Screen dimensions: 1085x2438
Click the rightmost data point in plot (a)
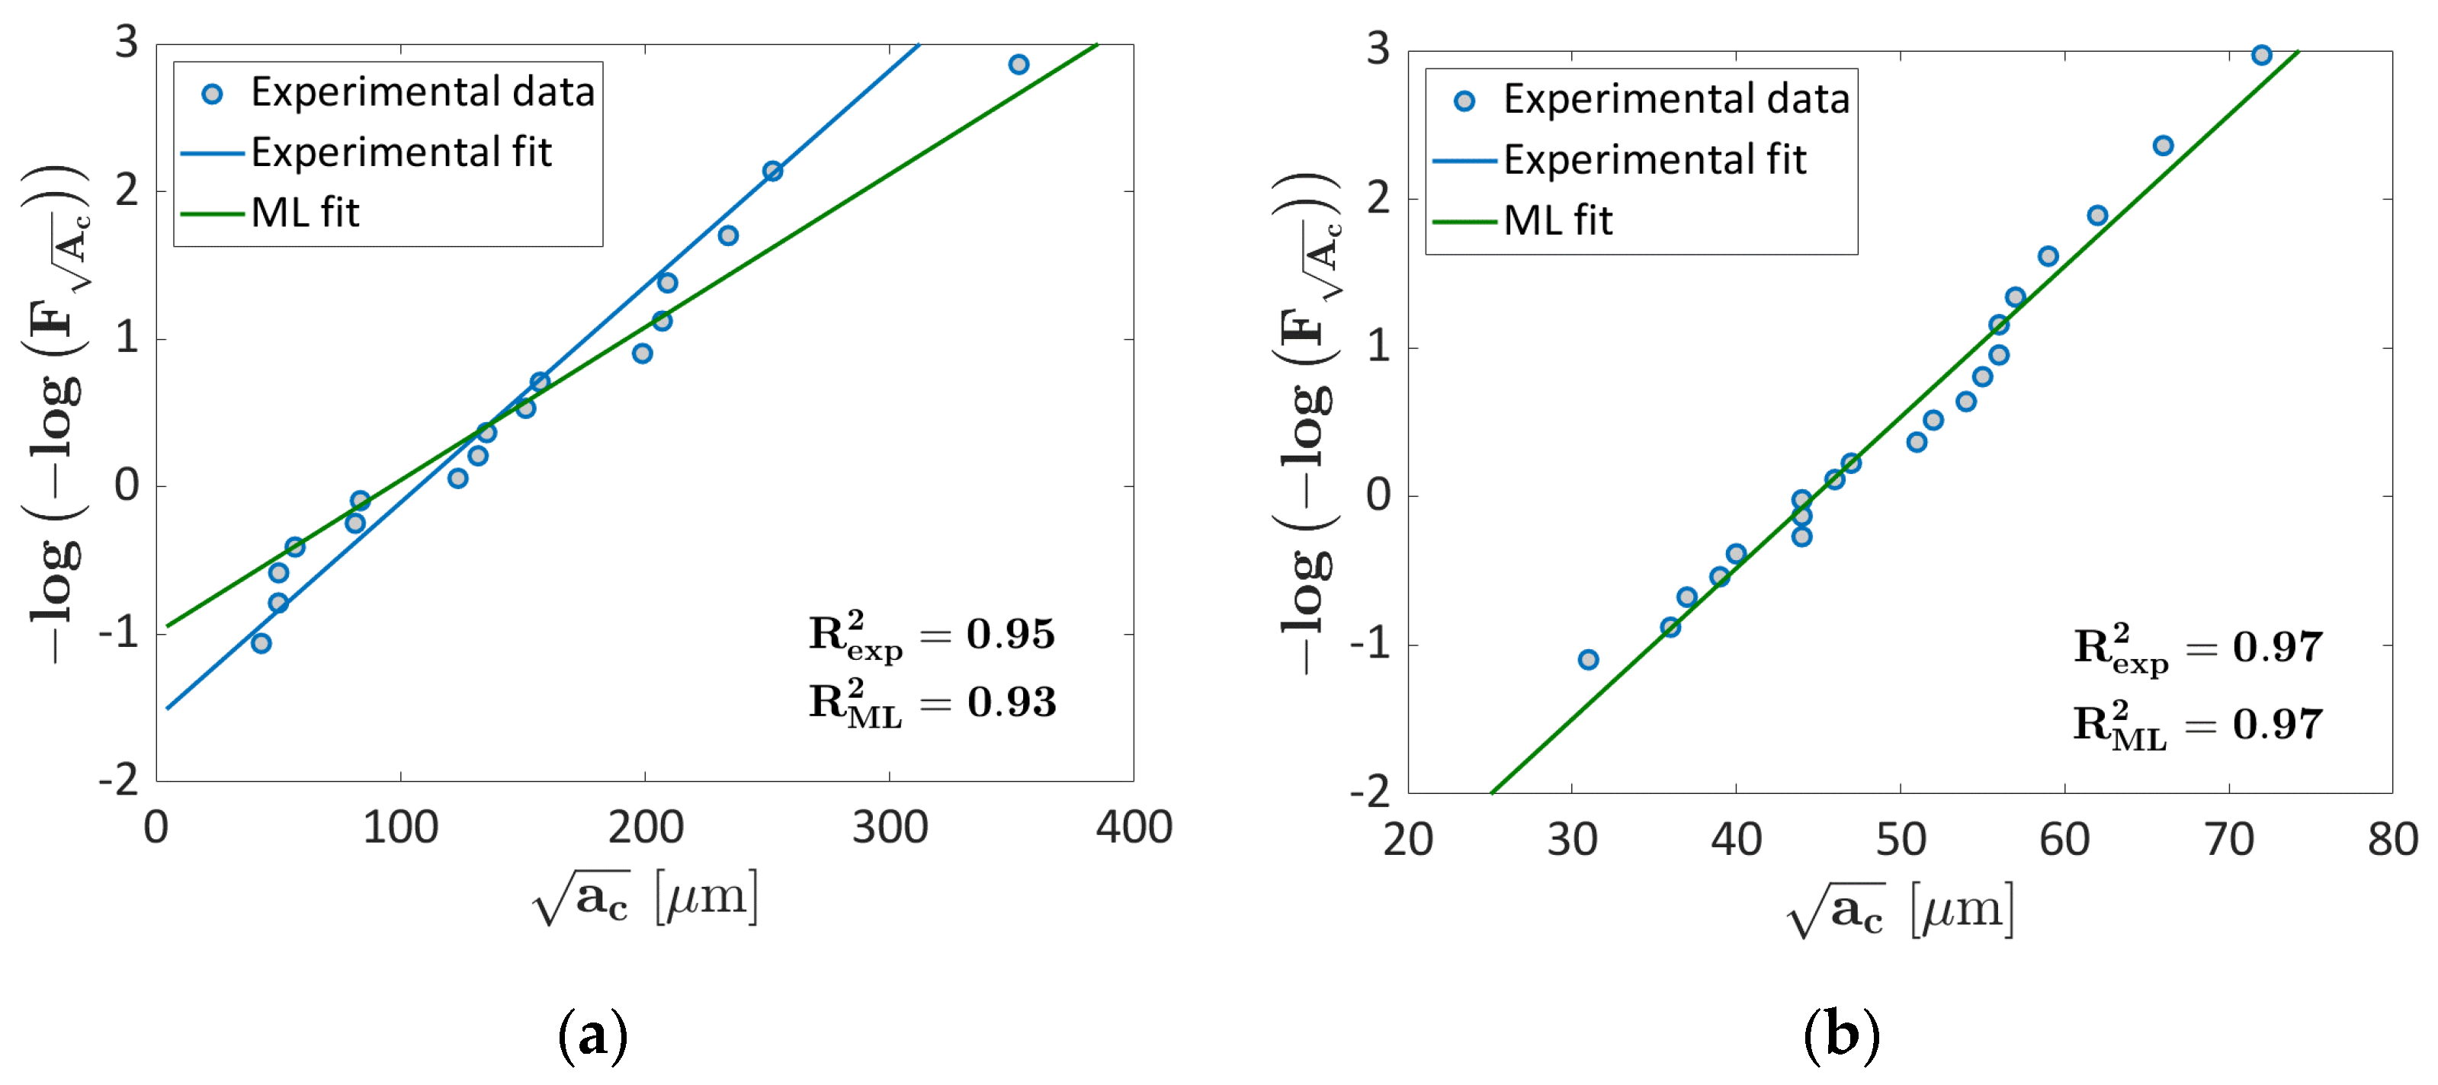point(1019,64)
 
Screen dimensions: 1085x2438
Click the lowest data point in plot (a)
point(261,643)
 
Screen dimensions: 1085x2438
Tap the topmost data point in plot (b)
point(2261,55)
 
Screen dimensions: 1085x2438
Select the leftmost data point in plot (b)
point(1588,659)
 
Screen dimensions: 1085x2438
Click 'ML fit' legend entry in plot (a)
point(305,213)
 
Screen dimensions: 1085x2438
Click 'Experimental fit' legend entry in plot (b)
point(1654,160)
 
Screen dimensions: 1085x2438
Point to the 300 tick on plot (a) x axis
point(889,827)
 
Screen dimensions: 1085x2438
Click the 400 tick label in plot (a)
point(1133,827)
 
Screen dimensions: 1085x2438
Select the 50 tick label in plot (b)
point(1900,839)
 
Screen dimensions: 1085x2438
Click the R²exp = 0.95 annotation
point(932,635)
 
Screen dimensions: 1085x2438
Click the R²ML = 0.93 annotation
point(932,703)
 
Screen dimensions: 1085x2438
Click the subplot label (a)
point(592,1035)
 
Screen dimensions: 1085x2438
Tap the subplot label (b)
point(1841,1035)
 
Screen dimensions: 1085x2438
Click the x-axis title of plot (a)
point(646,896)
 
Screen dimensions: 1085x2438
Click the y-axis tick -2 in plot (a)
point(118,780)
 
